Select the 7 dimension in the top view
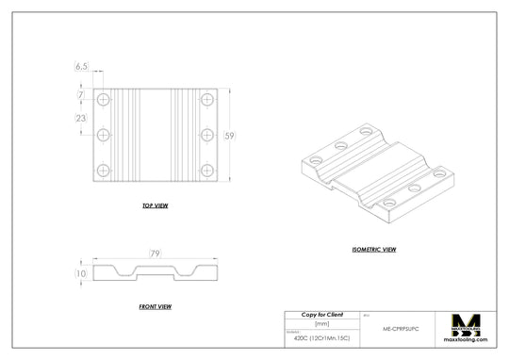(x=81, y=95)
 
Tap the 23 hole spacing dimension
(x=81, y=118)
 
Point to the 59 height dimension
(x=229, y=136)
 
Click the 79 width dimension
(x=155, y=254)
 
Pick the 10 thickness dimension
(x=81, y=273)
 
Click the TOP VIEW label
(x=155, y=205)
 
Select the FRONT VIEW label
(x=155, y=306)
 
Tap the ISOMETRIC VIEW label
(x=374, y=250)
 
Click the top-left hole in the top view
(x=103, y=99)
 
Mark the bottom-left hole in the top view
(x=103, y=171)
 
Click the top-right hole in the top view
(x=207, y=99)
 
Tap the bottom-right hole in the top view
(x=207, y=171)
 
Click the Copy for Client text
(x=321, y=314)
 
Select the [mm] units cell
(x=321, y=323)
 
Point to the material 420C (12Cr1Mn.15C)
(x=321, y=336)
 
